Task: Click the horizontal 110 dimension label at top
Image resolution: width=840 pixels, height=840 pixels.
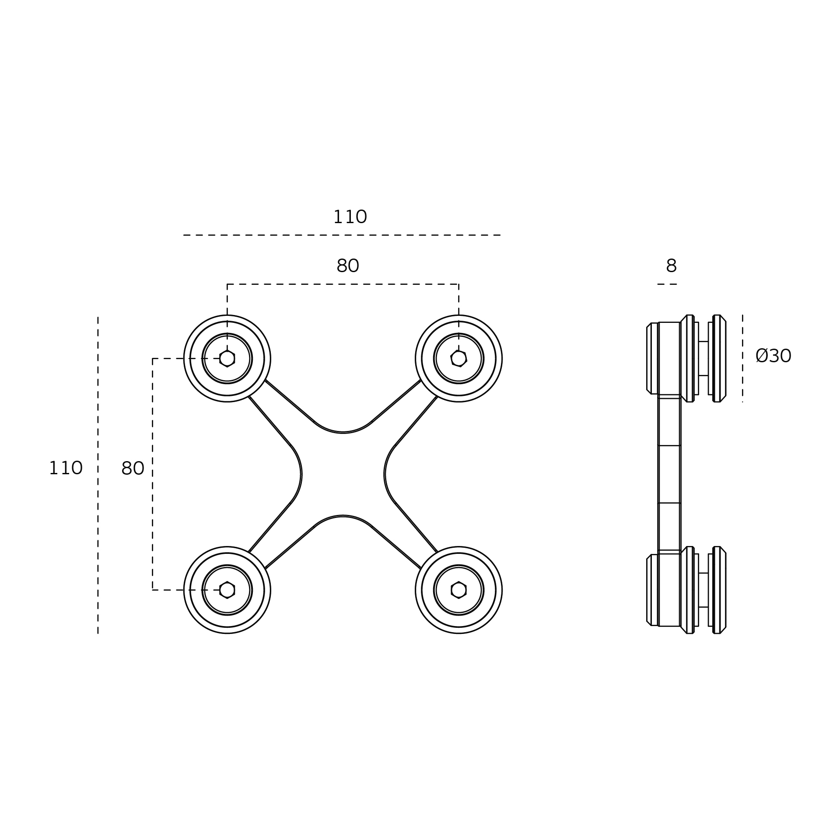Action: click(x=350, y=217)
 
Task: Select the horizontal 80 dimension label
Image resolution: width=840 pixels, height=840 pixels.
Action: click(x=348, y=266)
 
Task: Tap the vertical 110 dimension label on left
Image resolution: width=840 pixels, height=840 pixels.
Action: click(x=66, y=468)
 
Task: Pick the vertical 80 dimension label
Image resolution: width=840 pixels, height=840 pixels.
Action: click(x=133, y=469)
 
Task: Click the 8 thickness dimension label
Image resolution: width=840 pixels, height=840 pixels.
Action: click(x=671, y=266)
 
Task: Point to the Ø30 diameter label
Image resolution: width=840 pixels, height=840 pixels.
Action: click(x=773, y=356)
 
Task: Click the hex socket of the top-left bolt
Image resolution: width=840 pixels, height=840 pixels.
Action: click(x=227, y=358)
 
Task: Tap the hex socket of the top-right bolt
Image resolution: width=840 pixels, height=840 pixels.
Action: click(x=458, y=358)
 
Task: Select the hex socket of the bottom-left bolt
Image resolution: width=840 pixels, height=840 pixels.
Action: click(x=227, y=590)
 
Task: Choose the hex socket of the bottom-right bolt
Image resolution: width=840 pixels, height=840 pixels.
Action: click(x=458, y=590)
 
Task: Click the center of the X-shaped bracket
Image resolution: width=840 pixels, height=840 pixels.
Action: click(x=343, y=474)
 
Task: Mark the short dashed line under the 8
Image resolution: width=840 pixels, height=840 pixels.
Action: click(x=667, y=284)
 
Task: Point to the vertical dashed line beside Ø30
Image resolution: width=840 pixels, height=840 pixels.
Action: click(x=742, y=358)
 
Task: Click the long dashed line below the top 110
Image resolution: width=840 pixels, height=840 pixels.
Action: click(x=342, y=235)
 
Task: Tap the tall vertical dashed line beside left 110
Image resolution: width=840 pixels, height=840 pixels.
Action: click(x=98, y=475)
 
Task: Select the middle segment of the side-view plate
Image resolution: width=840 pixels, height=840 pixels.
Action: click(x=669, y=474)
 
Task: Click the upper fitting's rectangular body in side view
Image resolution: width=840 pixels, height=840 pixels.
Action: click(x=669, y=358)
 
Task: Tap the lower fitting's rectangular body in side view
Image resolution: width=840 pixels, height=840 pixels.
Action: click(x=669, y=590)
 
